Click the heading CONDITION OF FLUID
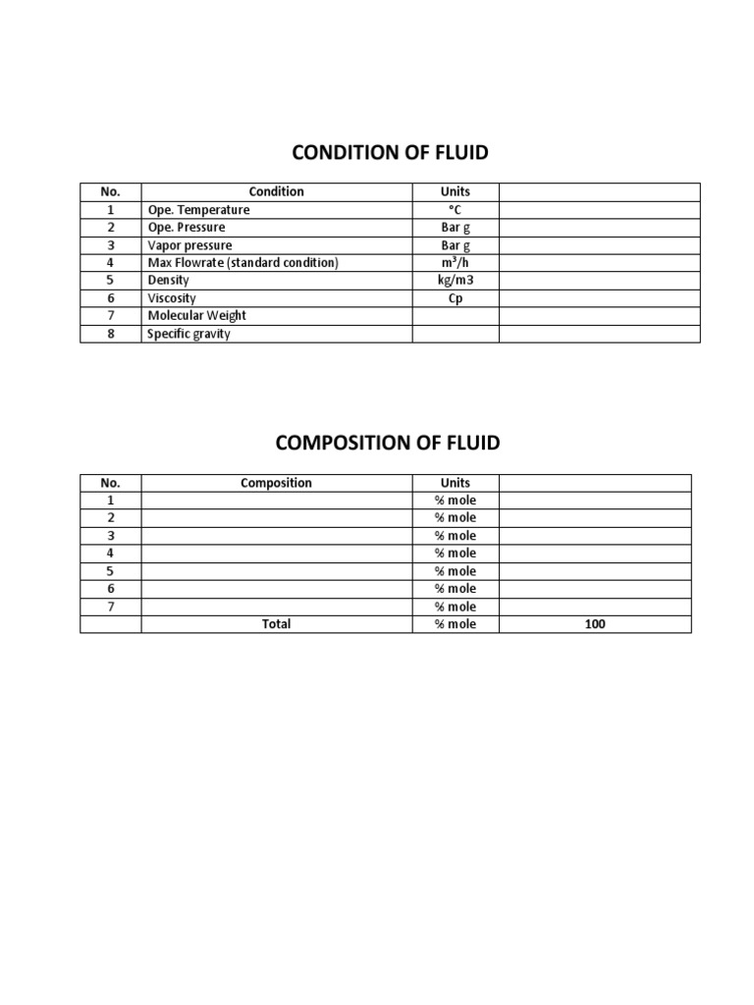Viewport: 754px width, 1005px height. [390, 152]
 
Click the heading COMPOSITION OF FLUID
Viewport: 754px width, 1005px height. [388, 443]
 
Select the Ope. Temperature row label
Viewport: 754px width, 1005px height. [198, 210]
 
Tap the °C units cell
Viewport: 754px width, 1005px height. [456, 210]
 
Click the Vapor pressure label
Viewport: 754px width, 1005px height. [189, 245]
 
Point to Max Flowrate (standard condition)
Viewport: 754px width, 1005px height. [242, 263]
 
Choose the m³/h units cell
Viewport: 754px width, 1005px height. [456, 263]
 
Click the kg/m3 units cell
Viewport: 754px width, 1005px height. [456, 281]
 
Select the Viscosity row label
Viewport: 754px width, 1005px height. [172, 298]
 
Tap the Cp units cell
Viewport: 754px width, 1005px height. [456, 298]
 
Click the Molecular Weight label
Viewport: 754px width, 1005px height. [196, 316]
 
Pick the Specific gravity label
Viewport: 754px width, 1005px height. [188, 334]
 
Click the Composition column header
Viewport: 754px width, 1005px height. [276, 483]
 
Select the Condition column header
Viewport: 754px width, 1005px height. [276, 192]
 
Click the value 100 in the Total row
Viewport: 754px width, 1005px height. [595, 624]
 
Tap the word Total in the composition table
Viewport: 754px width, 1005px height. [276, 624]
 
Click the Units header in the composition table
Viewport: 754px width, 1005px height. [456, 483]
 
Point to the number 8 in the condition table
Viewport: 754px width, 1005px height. [111, 334]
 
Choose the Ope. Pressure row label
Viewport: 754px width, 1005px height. [187, 228]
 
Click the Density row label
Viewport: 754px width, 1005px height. [168, 281]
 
